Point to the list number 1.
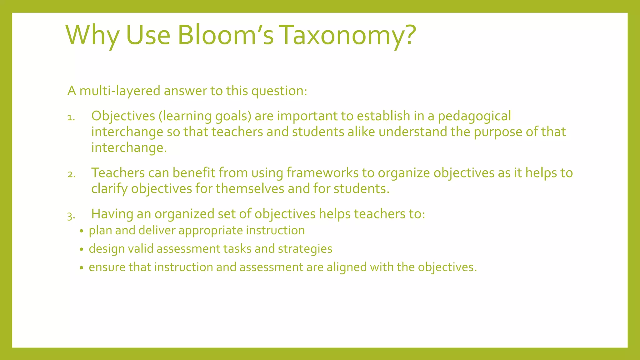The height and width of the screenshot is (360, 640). point(71,118)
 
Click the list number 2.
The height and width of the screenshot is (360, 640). point(72,174)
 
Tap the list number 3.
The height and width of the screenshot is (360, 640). point(71,216)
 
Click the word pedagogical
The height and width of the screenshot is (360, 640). point(474,116)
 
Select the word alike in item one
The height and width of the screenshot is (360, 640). point(361,132)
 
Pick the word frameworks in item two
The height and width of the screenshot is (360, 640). point(322,173)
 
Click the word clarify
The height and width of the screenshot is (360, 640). point(109,189)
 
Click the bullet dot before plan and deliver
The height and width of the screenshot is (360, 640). point(82,231)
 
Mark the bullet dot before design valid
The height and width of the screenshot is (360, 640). point(82,250)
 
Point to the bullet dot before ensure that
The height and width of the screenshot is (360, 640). point(82,268)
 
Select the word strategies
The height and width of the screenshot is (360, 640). point(305,249)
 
